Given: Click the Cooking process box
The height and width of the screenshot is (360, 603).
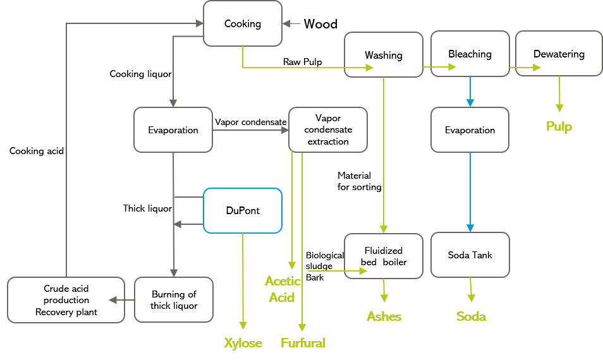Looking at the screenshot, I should [x=243, y=23].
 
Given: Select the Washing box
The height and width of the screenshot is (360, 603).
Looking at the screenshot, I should [x=383, y=55].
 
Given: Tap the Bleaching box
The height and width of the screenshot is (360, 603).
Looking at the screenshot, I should [x=470, y=54].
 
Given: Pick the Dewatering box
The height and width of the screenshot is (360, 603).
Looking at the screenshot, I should [x=559, y=54].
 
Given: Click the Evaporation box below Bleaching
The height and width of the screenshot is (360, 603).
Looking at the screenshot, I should [x=470, y=130].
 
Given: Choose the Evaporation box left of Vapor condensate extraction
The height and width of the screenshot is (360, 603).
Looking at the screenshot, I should [x=173, y=130].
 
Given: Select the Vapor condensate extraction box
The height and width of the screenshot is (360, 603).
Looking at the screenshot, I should [x=327, y=129].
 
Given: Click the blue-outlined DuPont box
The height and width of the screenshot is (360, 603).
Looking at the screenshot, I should [x=243, y=210].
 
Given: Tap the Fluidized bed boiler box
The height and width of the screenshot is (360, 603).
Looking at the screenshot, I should [x=383, y=256].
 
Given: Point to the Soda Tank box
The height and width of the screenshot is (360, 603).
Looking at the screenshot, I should [x=470, y=255].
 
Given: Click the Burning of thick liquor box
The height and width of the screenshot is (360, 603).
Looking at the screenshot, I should [x=174, y=300].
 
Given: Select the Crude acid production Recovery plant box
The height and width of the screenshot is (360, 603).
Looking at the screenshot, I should [x=66, y=300].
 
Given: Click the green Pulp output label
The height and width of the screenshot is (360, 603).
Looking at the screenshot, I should [x=559, y=127].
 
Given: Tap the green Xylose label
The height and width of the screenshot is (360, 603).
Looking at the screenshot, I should [x=243, y=343].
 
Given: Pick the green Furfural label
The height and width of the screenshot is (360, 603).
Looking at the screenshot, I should [x=303, y=343].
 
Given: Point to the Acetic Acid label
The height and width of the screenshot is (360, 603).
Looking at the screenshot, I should [x=282, y=289].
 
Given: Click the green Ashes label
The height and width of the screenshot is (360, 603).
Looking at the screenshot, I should [x=384, y=316].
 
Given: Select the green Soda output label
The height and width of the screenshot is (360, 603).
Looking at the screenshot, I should [x=471, y=316].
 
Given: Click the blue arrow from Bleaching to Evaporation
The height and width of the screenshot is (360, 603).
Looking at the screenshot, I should [x=470, y=92].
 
